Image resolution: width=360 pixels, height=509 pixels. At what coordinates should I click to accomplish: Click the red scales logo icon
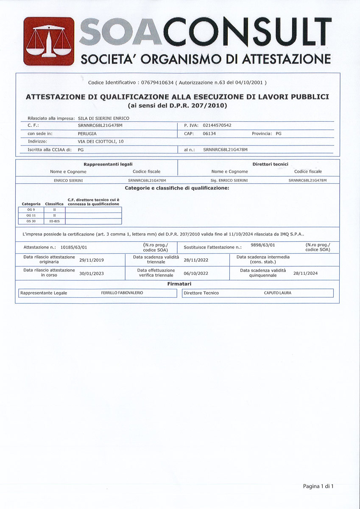pyautogui.click(x=49, y=41)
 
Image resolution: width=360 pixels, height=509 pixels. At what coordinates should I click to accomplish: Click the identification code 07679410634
pyautogui.click(x=157, y=82)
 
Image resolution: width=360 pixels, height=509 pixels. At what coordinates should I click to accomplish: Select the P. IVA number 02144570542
pyautogui.click(x=217, y=126)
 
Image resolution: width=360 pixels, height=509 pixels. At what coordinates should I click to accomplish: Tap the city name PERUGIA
pyautogui.click(x=87, y=134)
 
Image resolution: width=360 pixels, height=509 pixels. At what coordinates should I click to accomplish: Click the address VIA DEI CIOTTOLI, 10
pyautogui.click(x=101, y=141)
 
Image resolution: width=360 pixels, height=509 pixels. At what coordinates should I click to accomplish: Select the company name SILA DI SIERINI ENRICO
pyautogui.click(x=103, y=118)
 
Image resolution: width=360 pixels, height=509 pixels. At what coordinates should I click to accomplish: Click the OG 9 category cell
pyautogui.click(x=31, y=210)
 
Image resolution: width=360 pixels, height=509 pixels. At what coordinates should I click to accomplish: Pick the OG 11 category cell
pyautogui.click(x=31, y=215)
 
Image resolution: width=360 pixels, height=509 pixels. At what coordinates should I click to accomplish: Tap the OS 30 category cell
pyautogui.click(x=31, y=221)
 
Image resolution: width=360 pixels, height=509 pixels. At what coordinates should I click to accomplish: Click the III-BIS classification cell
pyautogui.click(x=54, y=221)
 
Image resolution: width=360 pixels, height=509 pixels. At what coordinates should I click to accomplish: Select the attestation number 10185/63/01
pyautogui.click(x=74, y=246)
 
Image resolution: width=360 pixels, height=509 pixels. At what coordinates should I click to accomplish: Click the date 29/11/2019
pyautogui.click(x=92, y=260)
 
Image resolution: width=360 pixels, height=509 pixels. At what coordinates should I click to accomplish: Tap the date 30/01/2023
pyautogui.click(x=92, y=273)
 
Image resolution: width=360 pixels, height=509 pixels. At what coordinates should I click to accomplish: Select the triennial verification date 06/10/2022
pyautogui.click(x=196, y=273)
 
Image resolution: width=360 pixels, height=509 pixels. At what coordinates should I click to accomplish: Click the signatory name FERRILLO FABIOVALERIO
pyautogui.click(x=122, y=293)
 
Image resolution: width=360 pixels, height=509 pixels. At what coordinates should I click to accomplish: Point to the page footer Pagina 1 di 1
pyautogui.click(x=318, y=486)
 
